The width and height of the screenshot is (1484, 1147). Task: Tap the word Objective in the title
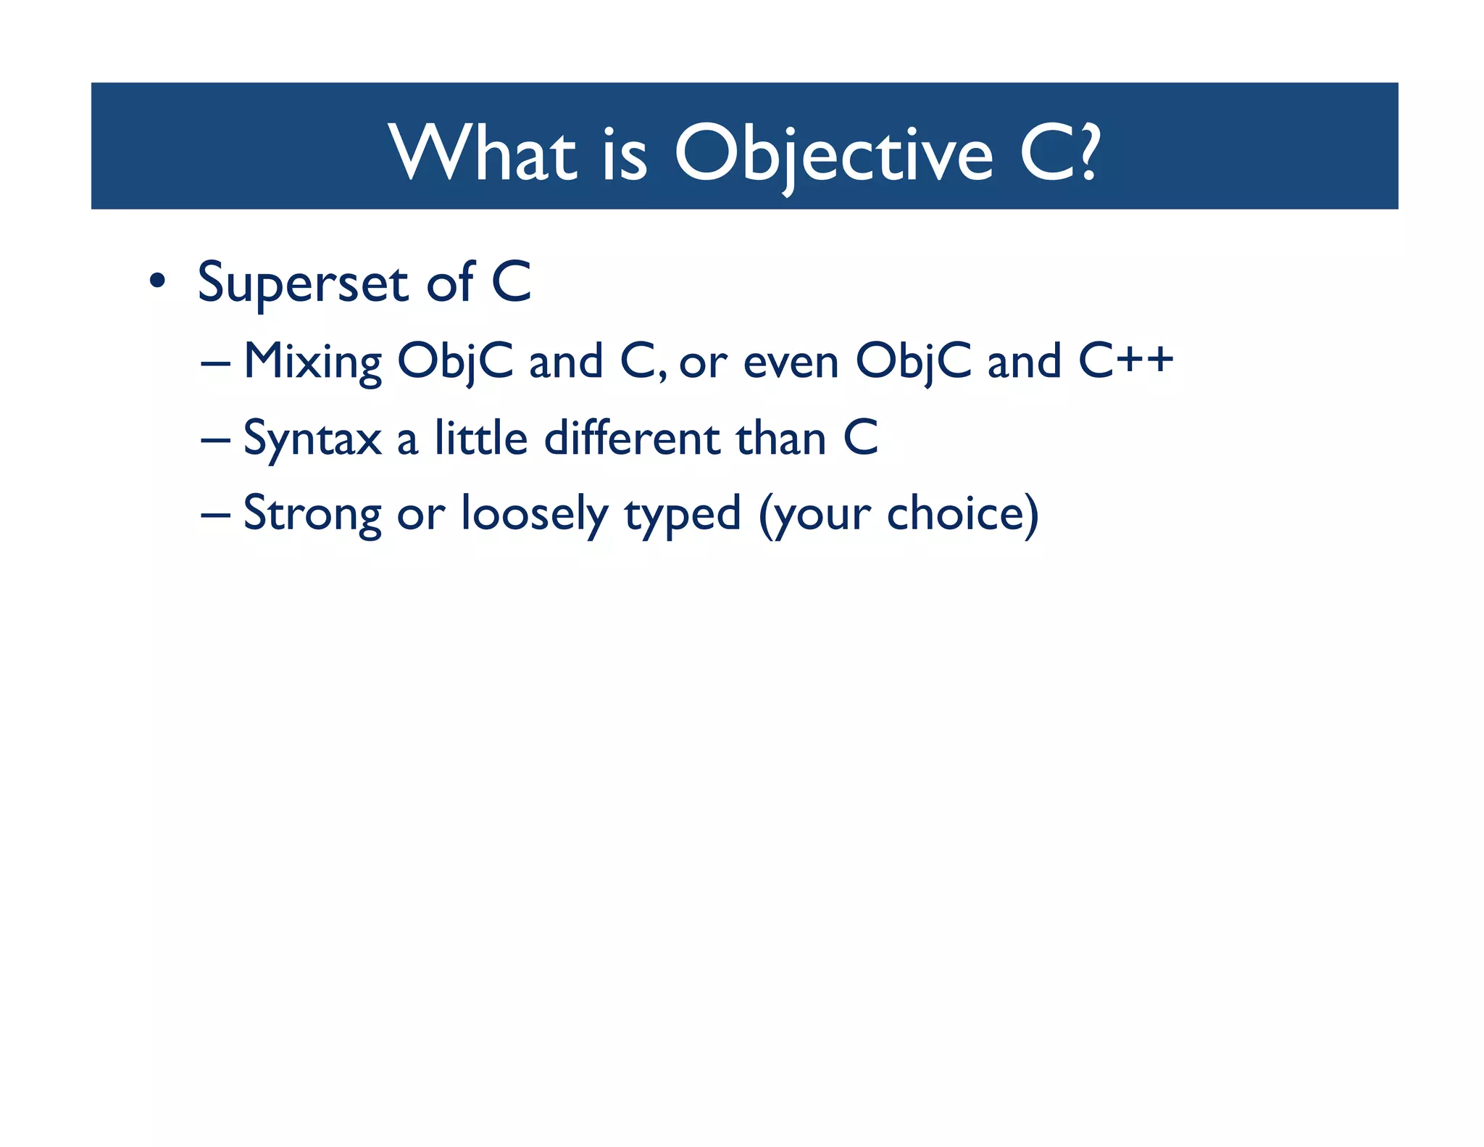point(833,154)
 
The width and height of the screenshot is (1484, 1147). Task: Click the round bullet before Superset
point(157,281)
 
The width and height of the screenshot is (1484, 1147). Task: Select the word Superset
point(303,283)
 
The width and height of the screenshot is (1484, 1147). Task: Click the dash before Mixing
point(215,362)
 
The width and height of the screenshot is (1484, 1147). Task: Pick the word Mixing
point(312,362)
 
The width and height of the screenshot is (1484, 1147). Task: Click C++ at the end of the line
point(1125,360)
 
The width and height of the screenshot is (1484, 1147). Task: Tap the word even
point(791,362)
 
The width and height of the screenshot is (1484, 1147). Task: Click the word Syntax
point(312,439)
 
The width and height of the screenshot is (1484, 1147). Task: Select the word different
point(632,438)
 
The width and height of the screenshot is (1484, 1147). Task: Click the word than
point(780,438)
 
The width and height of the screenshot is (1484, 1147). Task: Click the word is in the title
point(624,154)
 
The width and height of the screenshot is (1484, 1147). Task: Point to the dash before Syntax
point(215,439)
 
